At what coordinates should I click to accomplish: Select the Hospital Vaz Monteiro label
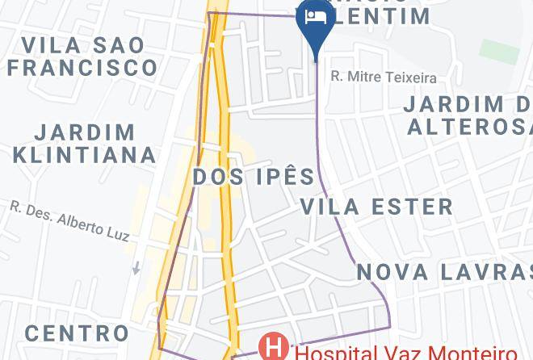tap(404, 353)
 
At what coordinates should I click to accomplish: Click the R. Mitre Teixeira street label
tap(384, 78)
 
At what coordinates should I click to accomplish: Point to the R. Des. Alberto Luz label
tap(69, 220)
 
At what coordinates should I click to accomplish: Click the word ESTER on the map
tap(412, 207)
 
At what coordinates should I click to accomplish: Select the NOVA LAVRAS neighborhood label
tap(445, 272)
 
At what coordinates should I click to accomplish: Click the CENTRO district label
tap(76, 333)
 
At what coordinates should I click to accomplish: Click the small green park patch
tap(499, 51)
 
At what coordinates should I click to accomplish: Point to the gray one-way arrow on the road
tap(136, 267)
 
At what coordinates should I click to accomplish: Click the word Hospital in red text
tap(331, 353)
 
